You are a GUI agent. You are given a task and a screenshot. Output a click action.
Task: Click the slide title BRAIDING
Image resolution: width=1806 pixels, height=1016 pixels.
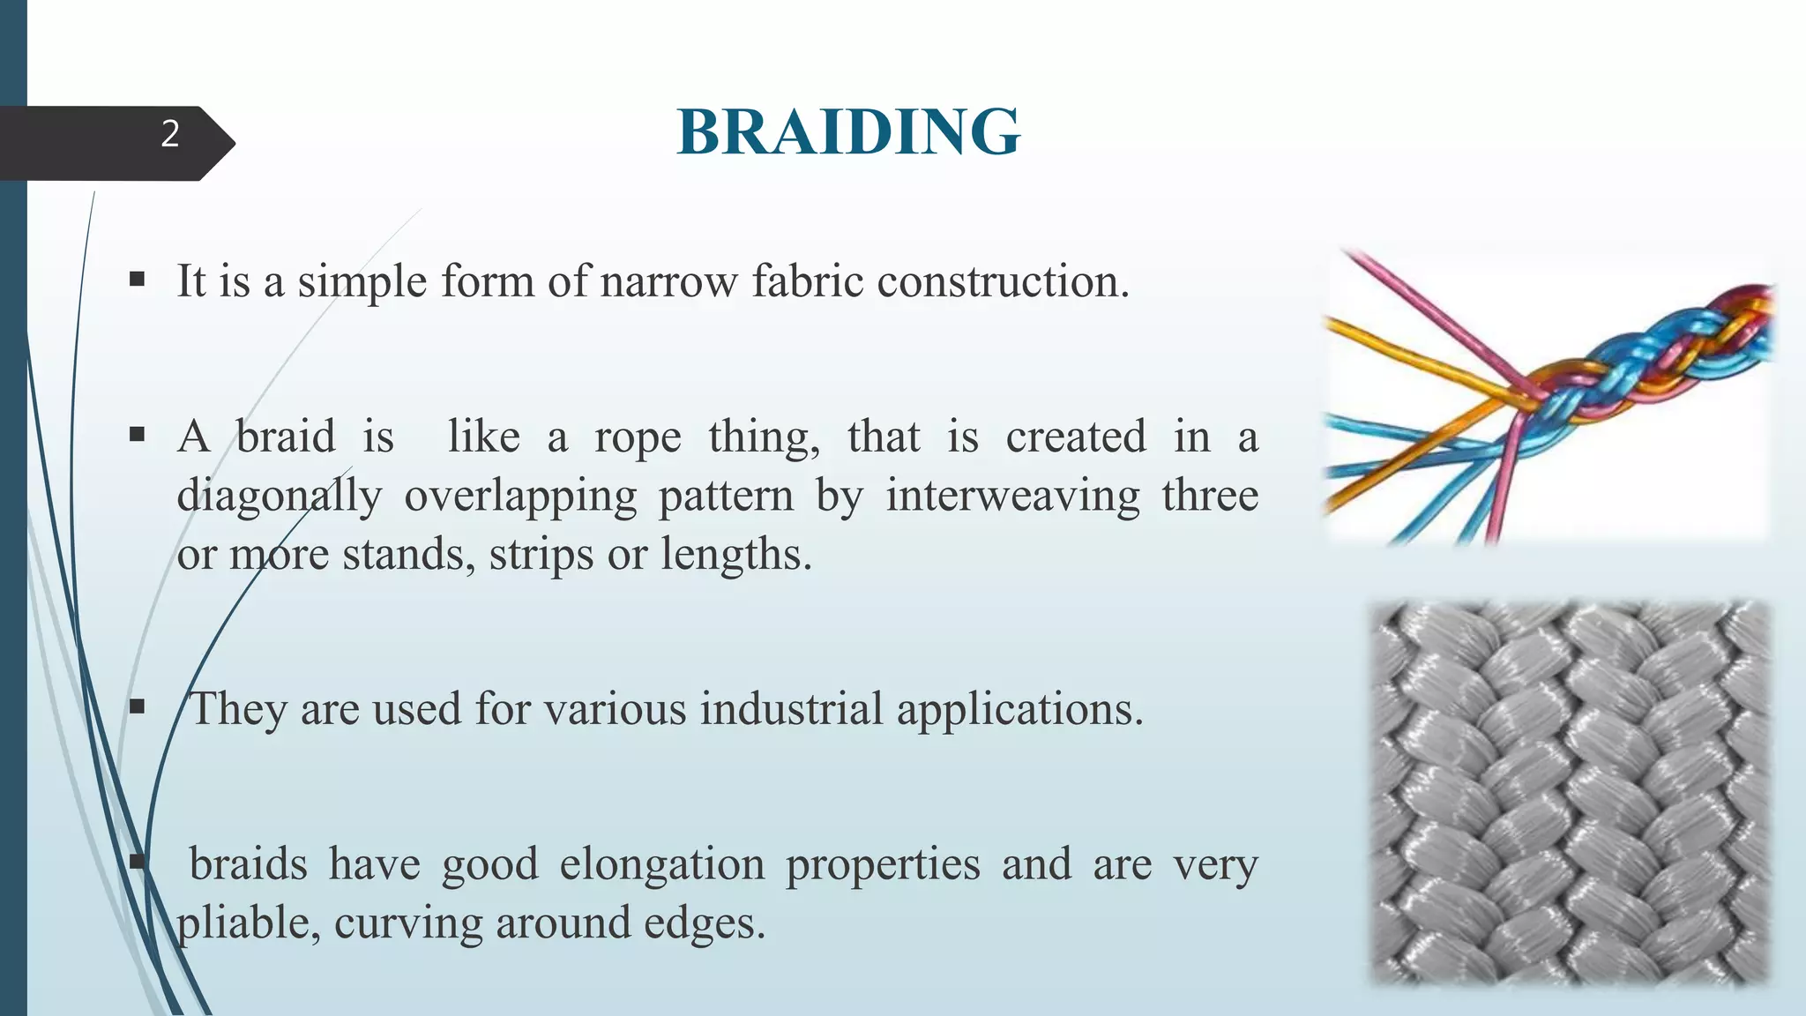click(x=848, y=132)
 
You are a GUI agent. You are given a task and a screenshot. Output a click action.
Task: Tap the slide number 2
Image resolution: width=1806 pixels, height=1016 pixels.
click(x=170, y=134)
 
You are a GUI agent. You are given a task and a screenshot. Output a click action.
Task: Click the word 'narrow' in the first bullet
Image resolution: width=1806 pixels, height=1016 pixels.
click(x=668, y=282)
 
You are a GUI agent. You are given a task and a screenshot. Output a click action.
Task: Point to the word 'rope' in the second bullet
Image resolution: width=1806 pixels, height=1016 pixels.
click(x=638, y=437)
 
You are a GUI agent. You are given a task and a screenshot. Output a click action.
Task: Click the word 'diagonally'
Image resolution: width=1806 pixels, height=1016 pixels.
click(x=279, y=496)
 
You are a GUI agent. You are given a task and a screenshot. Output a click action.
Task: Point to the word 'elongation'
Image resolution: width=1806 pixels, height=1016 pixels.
click(x=661, y=864)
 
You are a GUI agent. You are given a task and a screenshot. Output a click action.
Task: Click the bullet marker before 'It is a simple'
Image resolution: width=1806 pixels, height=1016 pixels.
click(x=137, y=280)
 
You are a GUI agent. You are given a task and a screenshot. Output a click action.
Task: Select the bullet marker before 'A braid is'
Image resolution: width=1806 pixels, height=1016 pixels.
click(x=137, y=435)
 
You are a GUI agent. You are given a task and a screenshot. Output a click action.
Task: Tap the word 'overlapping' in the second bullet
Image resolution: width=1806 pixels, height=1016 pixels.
click(x=520, y=497)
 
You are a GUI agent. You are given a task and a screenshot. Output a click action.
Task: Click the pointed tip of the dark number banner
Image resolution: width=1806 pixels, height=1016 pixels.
click(x=231, y=144)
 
